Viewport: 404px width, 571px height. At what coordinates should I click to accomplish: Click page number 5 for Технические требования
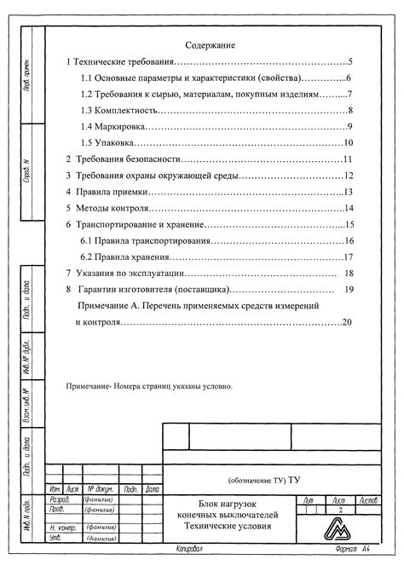(x=350, y=62)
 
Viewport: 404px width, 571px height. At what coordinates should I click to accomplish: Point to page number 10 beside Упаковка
(x=348, y=143)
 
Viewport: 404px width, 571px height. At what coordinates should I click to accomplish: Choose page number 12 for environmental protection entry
(x=348, y=176)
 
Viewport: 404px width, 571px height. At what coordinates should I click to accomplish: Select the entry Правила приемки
(x=105, y=192)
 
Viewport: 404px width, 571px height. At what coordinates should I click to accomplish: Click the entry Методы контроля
(x=107, y=208)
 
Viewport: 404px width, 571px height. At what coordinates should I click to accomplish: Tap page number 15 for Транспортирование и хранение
(x=349, y=224)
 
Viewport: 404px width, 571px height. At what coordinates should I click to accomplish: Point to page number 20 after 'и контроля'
(x=347, y=321)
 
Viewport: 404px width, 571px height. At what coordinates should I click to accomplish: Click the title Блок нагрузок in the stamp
(x=227, y=505)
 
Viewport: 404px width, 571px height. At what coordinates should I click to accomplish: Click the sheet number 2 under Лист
(x=340, y=510)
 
